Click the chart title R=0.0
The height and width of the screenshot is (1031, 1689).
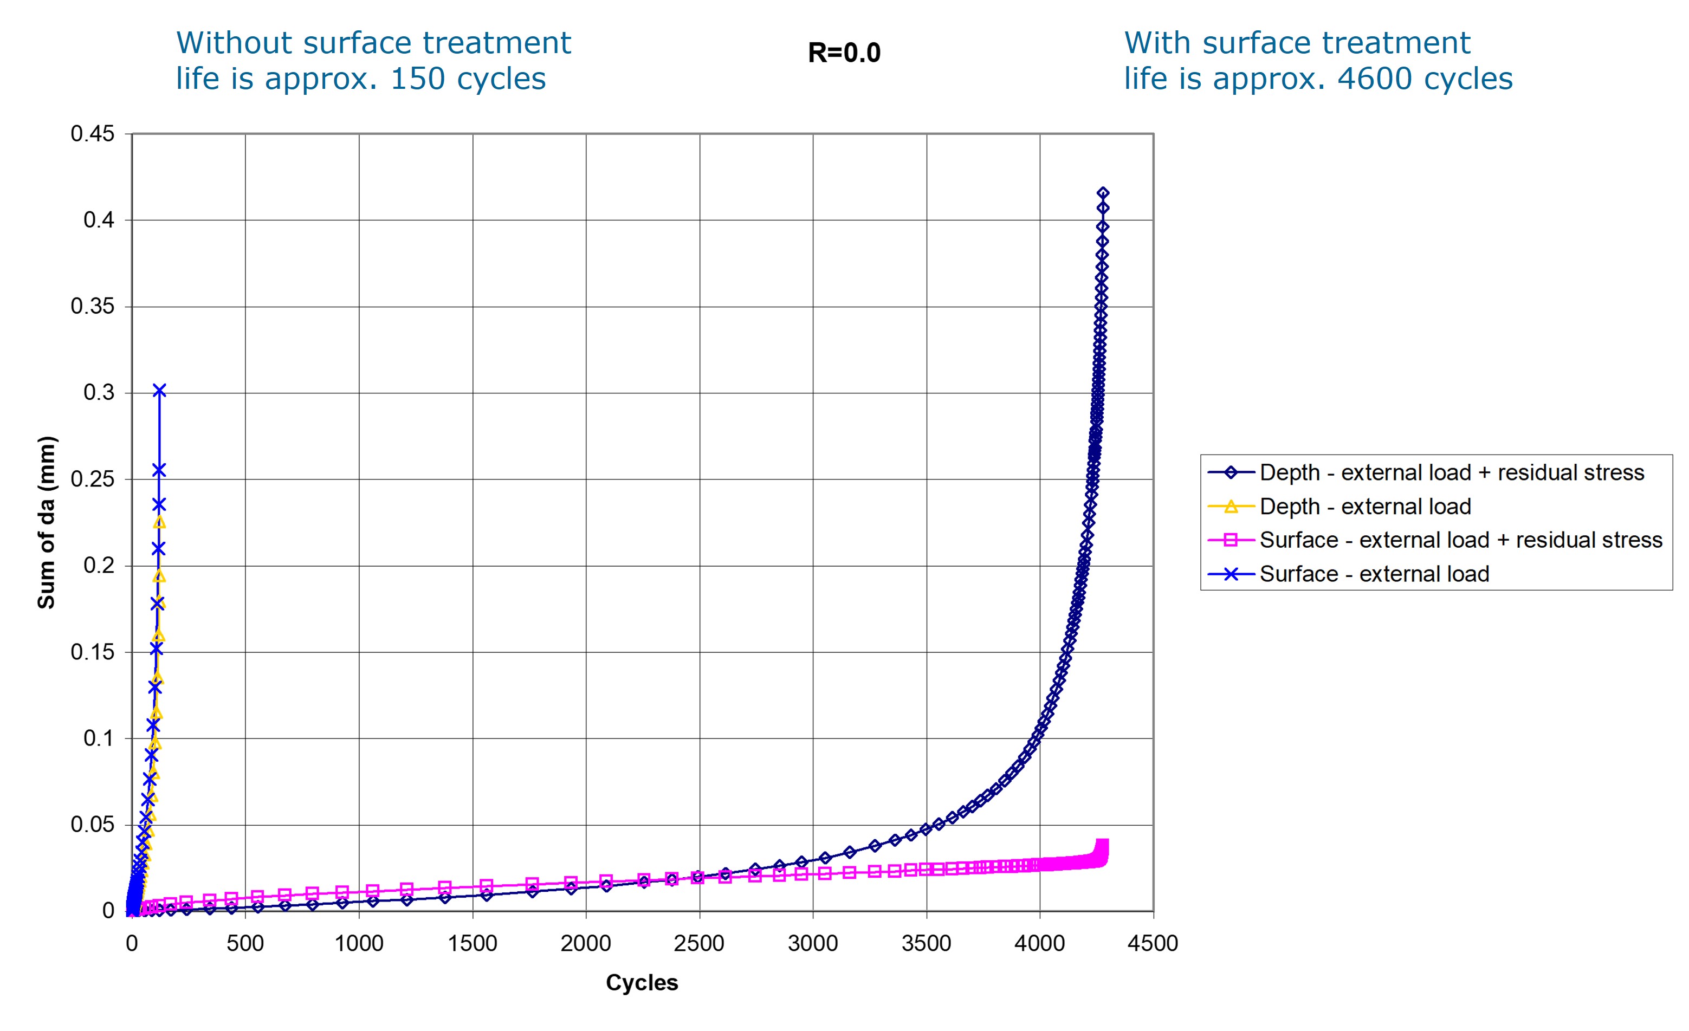[x=844, y=53]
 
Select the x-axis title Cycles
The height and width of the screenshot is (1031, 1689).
[x=642, y=982]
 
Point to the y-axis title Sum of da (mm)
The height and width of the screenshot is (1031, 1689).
[x=46, y=522]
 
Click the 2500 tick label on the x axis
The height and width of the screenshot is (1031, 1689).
[x=698, y=943]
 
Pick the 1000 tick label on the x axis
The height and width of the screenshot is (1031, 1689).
[x=359, y=943]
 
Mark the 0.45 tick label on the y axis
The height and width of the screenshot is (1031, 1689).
[x=93, y=134]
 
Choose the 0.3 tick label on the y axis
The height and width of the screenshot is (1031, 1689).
[x=99, y=393]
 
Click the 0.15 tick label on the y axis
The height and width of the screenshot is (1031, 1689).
[x=93, y=652]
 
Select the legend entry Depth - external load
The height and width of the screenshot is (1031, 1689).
[x=1365, y=507]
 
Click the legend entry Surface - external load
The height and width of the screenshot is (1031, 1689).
[x=1374, y=574]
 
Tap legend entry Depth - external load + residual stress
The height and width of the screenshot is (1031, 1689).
[x=1451, y=472]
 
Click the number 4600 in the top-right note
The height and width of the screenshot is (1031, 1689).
[x=1371, y=79]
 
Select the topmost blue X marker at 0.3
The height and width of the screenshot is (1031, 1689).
[x=159, y=391]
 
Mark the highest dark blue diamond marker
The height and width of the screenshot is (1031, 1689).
[x=1103, y=193]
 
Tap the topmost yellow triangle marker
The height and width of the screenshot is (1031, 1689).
[x=159, y=522]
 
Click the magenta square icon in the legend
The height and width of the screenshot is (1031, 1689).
[x=1231, y=540]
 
